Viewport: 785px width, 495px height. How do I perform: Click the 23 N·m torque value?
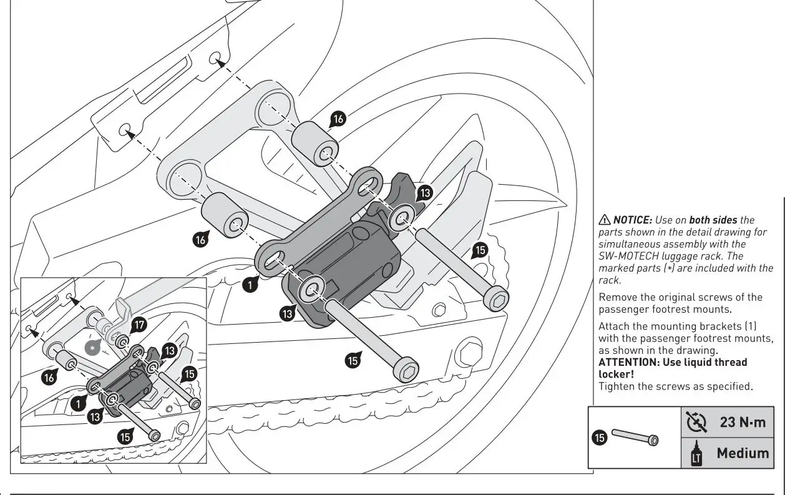click(x=742, y=422)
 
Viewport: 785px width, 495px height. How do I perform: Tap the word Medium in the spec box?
click(x=742, y=453)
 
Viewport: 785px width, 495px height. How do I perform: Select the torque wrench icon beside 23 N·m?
click(x=697, y=422)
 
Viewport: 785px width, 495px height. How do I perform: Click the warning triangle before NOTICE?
click(x=604, y=220)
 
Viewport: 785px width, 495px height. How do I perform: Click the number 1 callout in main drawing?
click(x=250, y=285)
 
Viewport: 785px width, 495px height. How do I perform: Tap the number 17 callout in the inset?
click(x=139, y=325)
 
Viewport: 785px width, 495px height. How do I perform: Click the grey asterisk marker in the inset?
click(x=93, y=347)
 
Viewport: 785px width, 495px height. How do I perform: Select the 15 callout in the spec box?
click(x=599, y=438)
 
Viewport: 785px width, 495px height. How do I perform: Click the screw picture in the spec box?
click(x=635, y=436)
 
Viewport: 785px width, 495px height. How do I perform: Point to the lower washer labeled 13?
click(x=311, y=288)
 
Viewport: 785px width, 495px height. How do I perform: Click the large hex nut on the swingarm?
click(x=468, y=354)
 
